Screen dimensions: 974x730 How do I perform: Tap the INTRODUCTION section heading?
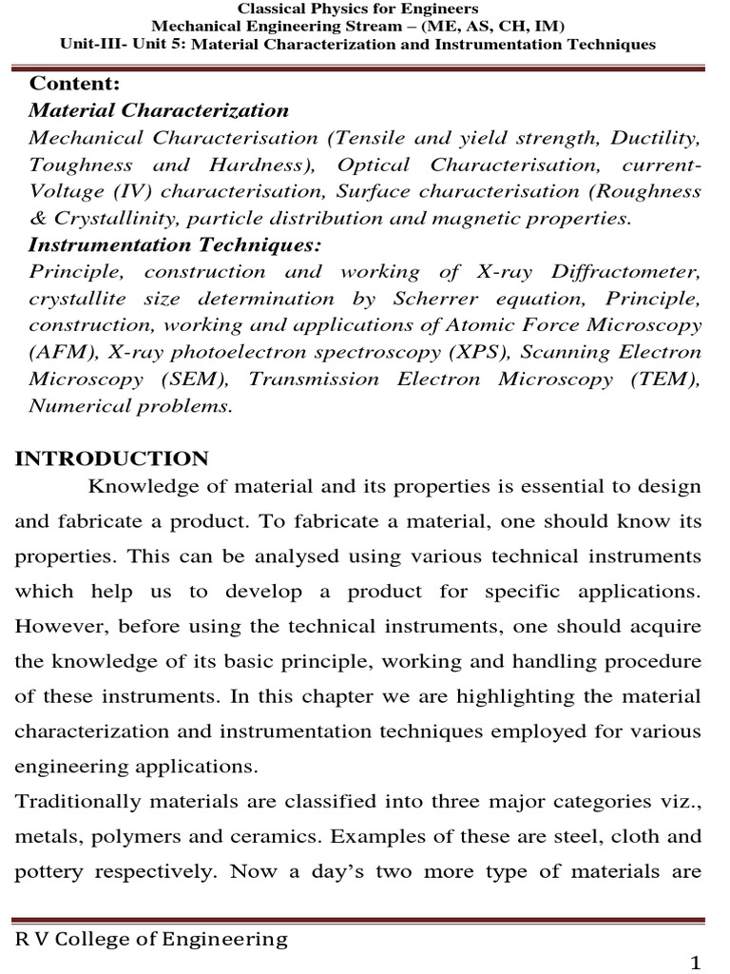tap(112, 459)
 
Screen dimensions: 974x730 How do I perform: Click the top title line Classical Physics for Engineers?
tap(364, 9)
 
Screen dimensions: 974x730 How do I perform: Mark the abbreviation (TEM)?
tap(665, 380)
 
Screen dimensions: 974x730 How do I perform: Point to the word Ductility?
tap(655, 138)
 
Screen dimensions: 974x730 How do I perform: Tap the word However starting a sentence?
tap(59, 626)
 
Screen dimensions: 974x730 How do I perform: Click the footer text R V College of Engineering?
tap(151, 940)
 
